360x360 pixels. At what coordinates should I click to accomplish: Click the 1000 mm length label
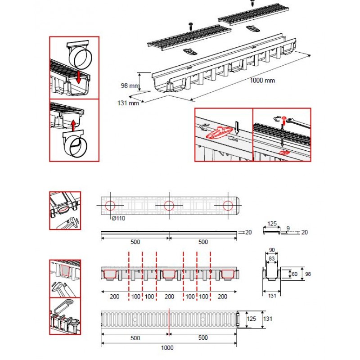point(263,81)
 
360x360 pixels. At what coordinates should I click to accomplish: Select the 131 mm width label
point(128,103)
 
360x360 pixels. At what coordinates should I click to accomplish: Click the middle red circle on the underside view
point(169,206)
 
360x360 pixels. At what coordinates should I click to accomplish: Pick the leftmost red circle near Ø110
point(110,206)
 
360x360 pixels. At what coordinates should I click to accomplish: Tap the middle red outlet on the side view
point(169,274)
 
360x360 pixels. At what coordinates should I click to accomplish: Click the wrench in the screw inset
point(297,121)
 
